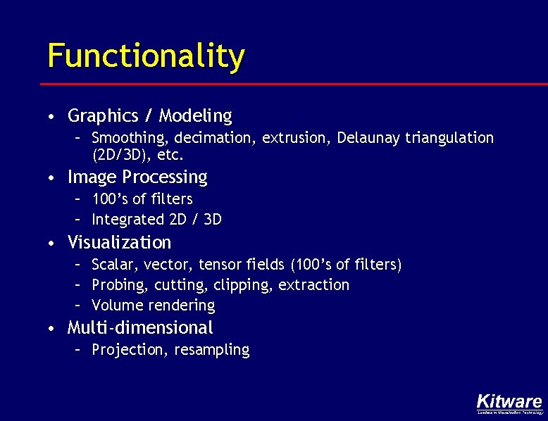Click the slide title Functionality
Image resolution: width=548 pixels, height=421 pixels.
tap(146, 56)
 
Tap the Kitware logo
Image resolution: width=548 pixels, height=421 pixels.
tap(509, 402)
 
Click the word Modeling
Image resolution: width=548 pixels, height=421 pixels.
tap(195, 115)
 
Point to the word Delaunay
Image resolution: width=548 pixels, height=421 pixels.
tap(368, 137)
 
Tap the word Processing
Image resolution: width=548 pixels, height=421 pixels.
tap(165, 177)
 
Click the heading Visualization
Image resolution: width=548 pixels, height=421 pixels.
tap(119, 243)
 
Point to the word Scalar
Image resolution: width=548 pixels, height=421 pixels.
tap(116, 265)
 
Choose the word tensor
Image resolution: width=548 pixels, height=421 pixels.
tap(220, 265)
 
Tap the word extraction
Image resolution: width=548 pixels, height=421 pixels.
tap(313, 285)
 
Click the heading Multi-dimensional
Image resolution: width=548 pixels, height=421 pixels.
tap(139, 327)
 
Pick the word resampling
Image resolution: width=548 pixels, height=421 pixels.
tap(211, 350)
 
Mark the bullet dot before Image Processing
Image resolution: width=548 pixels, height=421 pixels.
tap(53, 178)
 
